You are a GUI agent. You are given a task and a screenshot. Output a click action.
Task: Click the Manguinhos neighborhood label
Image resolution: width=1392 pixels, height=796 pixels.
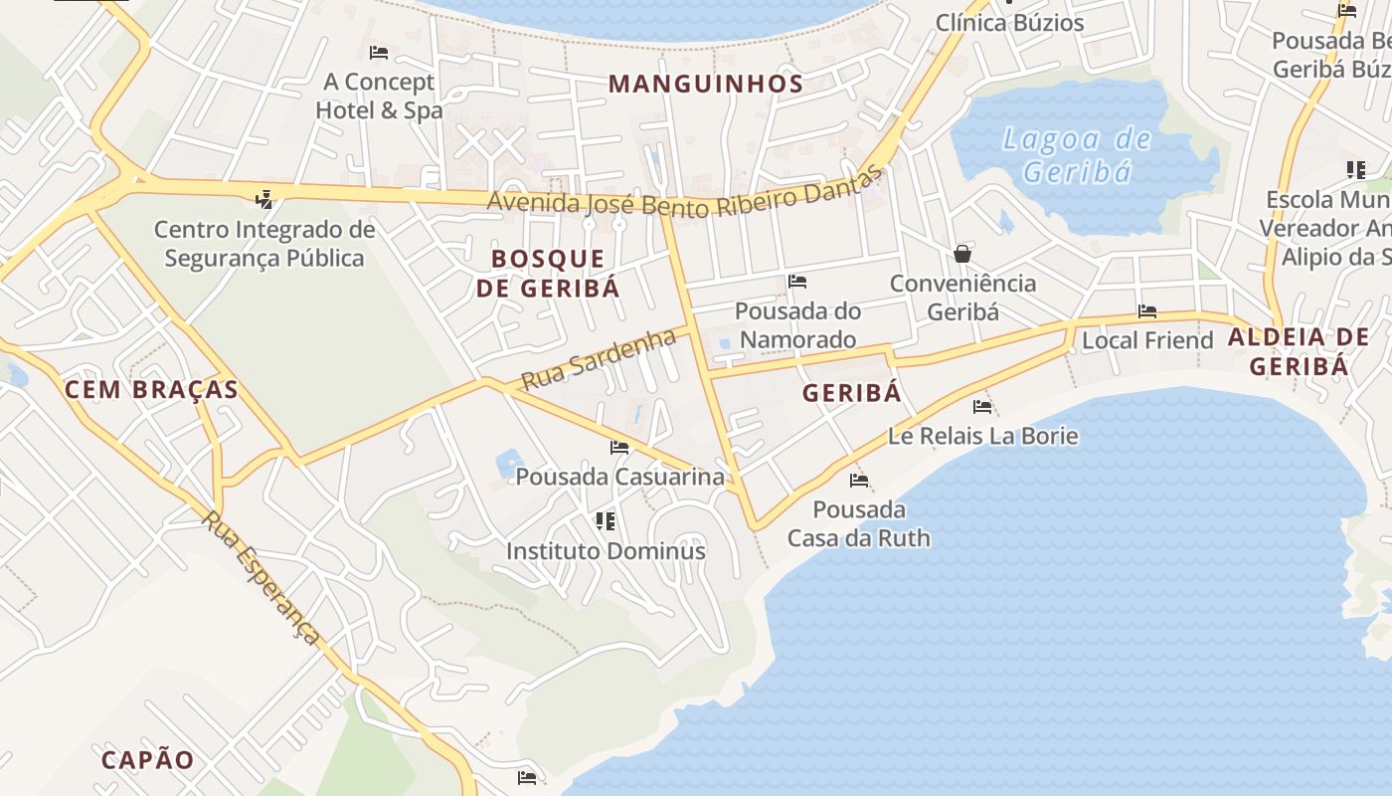point(705,84)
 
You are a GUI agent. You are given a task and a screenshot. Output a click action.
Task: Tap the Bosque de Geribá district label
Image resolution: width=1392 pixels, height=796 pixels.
point(548,274)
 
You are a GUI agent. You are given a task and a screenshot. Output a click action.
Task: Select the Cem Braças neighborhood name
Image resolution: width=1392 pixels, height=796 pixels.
point(151,389)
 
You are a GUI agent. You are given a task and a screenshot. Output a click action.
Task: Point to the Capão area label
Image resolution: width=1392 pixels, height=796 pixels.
point(148,760)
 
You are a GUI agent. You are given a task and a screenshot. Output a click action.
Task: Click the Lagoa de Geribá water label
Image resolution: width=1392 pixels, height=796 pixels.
point(1077,155)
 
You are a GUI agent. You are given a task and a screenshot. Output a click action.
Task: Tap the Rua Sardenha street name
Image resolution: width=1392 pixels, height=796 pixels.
point(599,359)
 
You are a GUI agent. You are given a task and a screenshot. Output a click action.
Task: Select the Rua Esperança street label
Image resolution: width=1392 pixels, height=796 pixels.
point(263,577)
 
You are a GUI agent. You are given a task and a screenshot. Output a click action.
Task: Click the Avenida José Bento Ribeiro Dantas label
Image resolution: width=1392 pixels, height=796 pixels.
point(684,194)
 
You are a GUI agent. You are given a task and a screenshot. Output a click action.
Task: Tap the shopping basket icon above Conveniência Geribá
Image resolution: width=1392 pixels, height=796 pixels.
point(961,254)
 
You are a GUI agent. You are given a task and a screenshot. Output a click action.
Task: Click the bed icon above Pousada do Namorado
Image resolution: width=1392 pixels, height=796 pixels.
point(796,282)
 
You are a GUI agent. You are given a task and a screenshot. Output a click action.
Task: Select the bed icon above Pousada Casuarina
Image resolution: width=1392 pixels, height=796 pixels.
point(619,448)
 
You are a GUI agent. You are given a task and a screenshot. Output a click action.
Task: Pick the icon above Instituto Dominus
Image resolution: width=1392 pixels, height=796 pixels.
point(605,521)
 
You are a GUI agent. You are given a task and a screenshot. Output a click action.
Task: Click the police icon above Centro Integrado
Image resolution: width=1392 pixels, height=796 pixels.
point(263,200)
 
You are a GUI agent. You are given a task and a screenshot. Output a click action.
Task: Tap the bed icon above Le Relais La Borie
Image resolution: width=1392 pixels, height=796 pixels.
point(982,406)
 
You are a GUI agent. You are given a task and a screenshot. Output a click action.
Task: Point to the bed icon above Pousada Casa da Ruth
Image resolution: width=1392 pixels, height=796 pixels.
point(859,481)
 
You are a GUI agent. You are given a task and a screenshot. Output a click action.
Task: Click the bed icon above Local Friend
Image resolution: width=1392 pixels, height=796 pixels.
point(1147,311)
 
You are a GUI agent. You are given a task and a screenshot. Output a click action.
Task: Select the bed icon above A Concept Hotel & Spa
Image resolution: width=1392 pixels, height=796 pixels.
point(378,52)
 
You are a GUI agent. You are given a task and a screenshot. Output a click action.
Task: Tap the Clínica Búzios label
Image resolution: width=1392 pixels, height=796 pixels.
point(1009,22)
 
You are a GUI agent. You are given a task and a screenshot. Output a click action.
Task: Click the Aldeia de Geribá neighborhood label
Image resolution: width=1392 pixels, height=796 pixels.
point(1299,351)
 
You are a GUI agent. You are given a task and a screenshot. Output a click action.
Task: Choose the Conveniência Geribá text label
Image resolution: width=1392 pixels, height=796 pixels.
point(962,298)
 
